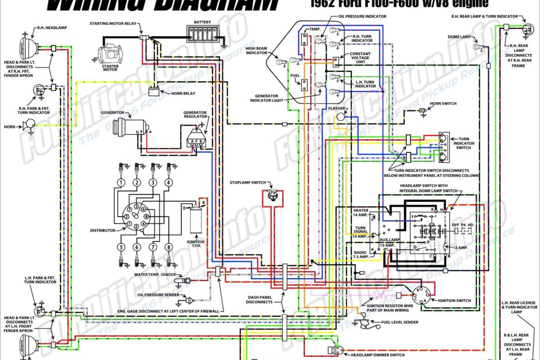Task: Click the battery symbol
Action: pos(203,34)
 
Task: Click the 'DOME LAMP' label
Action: pos(459,37)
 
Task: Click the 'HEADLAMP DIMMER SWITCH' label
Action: pos(377,355)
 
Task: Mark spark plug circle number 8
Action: pos(168,247)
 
